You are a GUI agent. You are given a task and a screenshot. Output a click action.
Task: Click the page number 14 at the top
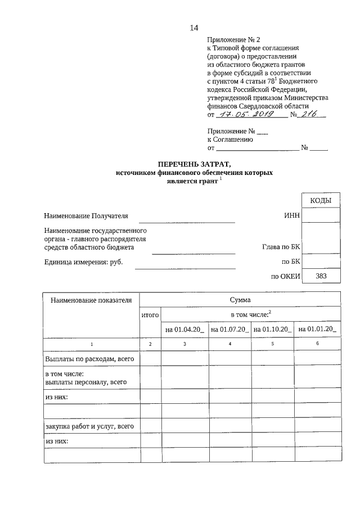point(195,28)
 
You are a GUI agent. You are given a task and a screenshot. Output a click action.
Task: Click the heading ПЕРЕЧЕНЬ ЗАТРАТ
point(194,164)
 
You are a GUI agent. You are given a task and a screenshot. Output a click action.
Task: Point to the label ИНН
point(292,215)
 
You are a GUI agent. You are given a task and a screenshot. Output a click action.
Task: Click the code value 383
point(321,276)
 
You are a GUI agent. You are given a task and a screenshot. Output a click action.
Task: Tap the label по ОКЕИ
point(286,276)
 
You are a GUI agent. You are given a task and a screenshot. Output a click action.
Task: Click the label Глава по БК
point(282,247)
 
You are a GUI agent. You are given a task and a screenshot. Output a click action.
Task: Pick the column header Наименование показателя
point(91,300)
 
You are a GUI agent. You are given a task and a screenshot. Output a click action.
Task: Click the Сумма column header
point(240,300)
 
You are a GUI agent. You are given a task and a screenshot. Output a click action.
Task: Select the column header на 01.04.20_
point(184,329)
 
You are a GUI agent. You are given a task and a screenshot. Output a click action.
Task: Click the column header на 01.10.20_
point(273,329)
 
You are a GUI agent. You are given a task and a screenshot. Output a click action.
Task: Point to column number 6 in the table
point(318,343)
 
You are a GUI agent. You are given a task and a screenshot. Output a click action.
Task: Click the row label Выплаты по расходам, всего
point(89,358)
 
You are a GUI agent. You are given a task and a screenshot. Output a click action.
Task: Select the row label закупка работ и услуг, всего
point(89,426)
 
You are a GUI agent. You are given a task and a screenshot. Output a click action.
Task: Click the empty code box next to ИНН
point(321,215)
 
